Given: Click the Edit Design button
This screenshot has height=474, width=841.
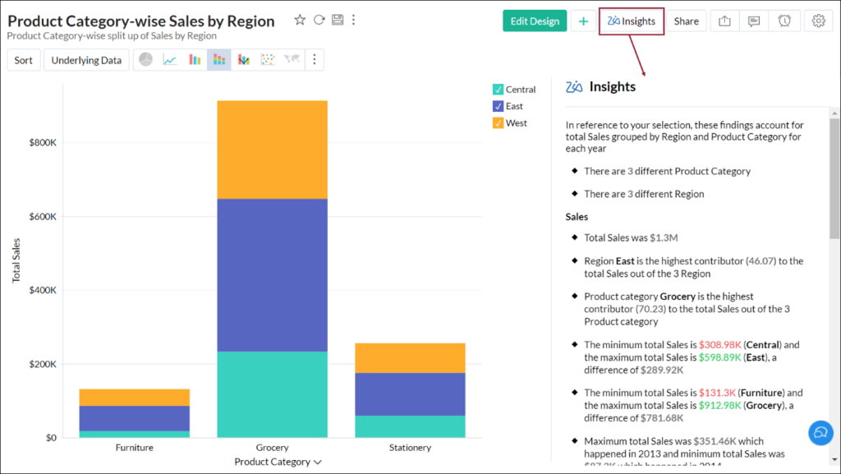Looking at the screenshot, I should pos(535,21).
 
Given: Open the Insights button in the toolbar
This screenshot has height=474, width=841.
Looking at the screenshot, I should pos(631,21).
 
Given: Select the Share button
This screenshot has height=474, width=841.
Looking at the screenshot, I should pos(686,21).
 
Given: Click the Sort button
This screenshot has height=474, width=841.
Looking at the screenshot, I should pos(24,60).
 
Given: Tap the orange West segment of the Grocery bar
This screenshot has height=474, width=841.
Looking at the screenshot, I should pos(272,150).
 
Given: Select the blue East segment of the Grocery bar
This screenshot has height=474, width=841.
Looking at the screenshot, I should pos(272,275).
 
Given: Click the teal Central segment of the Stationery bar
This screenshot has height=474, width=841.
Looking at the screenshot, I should pos(410,426).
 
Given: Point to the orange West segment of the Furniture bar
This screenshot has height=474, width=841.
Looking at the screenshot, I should pos(135,397).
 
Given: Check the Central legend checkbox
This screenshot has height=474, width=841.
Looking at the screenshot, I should pos(498,90).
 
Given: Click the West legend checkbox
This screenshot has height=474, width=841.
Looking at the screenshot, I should pos(498,123).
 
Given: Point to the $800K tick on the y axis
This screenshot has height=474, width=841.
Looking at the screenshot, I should pos(42,143).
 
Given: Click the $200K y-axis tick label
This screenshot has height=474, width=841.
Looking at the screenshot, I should pos(42,364).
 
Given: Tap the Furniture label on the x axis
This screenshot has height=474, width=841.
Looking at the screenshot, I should pos(135,448).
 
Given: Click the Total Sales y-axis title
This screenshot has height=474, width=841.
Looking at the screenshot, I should pos(16,260).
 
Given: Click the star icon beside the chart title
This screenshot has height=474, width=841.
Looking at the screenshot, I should pos(300,20).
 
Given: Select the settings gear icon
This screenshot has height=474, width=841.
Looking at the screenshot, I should pos(818,21).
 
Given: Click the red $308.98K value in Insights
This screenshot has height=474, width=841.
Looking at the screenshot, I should pos(720,345).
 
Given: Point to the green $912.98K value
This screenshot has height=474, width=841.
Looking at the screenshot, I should pos(720,406).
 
